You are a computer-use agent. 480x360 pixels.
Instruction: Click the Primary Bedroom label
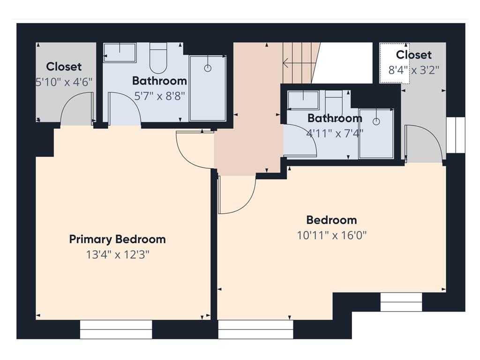point(118,240)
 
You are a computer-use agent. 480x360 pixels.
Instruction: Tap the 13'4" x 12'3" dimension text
point(118,255)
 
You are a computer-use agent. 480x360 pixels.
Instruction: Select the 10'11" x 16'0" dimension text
point(332,235)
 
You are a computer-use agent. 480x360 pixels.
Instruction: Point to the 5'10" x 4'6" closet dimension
point(64,82)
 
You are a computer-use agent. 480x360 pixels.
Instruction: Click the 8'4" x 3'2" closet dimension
point(413,70)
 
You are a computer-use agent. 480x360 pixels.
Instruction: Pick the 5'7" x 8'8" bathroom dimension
point(160,97)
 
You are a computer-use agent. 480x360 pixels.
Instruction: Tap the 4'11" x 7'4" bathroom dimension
point(335,134)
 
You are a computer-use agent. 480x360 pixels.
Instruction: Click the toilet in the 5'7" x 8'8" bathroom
point(158,58)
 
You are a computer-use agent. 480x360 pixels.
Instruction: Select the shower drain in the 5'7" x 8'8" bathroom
point(208,68)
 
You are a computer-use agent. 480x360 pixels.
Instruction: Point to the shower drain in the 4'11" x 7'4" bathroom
point(376,121)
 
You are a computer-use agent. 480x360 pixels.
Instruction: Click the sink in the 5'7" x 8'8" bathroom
point(120,52)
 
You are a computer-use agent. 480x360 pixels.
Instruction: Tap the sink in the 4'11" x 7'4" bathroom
point(303,100)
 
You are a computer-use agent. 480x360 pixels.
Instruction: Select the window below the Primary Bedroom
point(116,330)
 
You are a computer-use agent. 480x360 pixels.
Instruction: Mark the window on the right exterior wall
point(456,135)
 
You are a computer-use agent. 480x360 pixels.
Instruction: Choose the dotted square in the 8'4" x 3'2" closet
point(395,63)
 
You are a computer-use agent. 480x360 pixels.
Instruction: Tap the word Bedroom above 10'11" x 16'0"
point(331,220)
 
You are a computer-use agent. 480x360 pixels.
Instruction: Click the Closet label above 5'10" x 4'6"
point(64,67)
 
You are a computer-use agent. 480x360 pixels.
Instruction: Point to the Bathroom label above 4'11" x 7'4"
point(335,118)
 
